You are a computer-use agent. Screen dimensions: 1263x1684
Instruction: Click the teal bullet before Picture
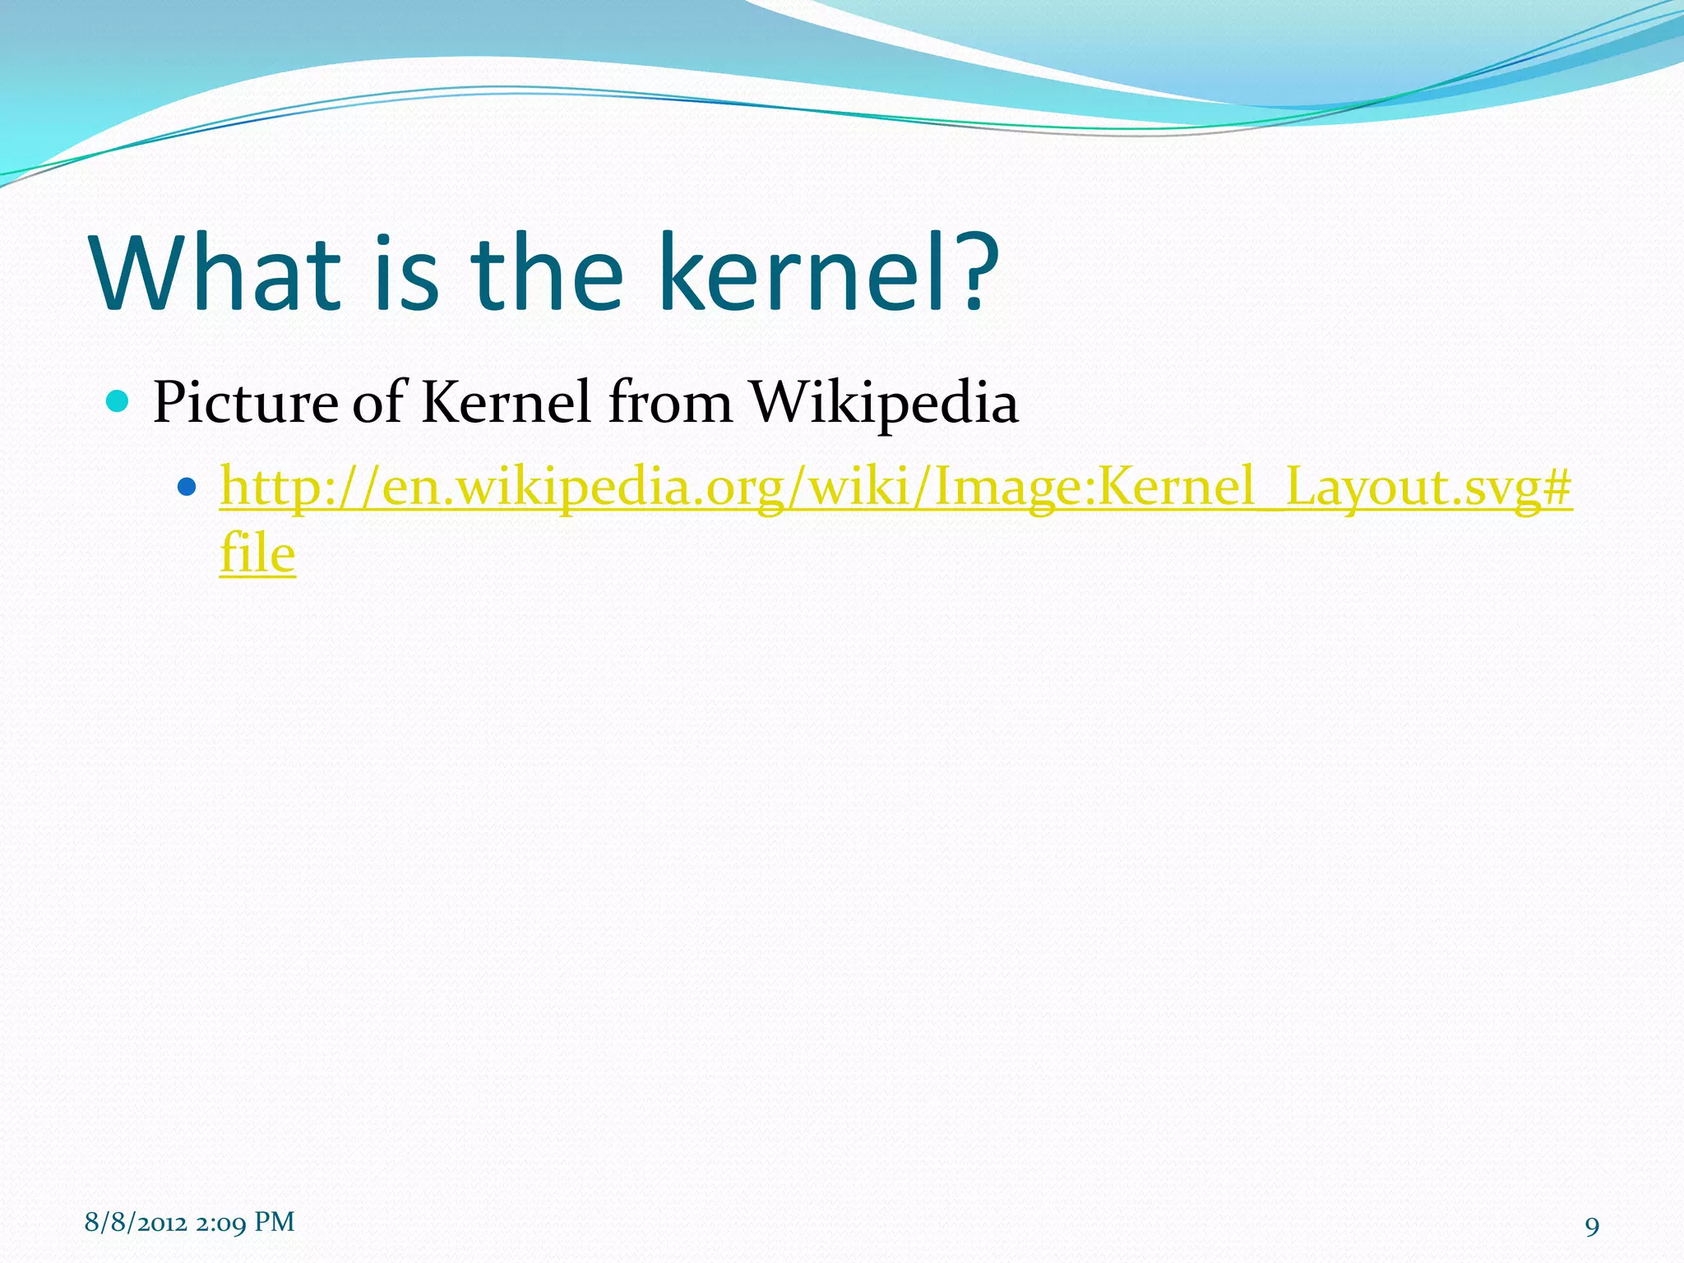118,402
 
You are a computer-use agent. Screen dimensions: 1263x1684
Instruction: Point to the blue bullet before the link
187,487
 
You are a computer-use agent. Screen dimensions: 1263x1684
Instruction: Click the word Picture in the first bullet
245,403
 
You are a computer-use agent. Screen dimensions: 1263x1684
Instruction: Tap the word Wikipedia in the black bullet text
885,403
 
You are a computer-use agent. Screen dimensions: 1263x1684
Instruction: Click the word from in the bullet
670,403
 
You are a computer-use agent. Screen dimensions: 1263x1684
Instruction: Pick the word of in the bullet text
379,403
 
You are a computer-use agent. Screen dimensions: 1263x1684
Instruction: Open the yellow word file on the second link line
257,553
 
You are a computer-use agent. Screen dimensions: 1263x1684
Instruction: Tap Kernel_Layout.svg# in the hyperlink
1334,487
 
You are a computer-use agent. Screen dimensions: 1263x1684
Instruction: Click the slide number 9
1592,1227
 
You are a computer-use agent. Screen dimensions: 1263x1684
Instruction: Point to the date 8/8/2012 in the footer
136,1223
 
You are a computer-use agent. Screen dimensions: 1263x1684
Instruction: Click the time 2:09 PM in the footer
245,1223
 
